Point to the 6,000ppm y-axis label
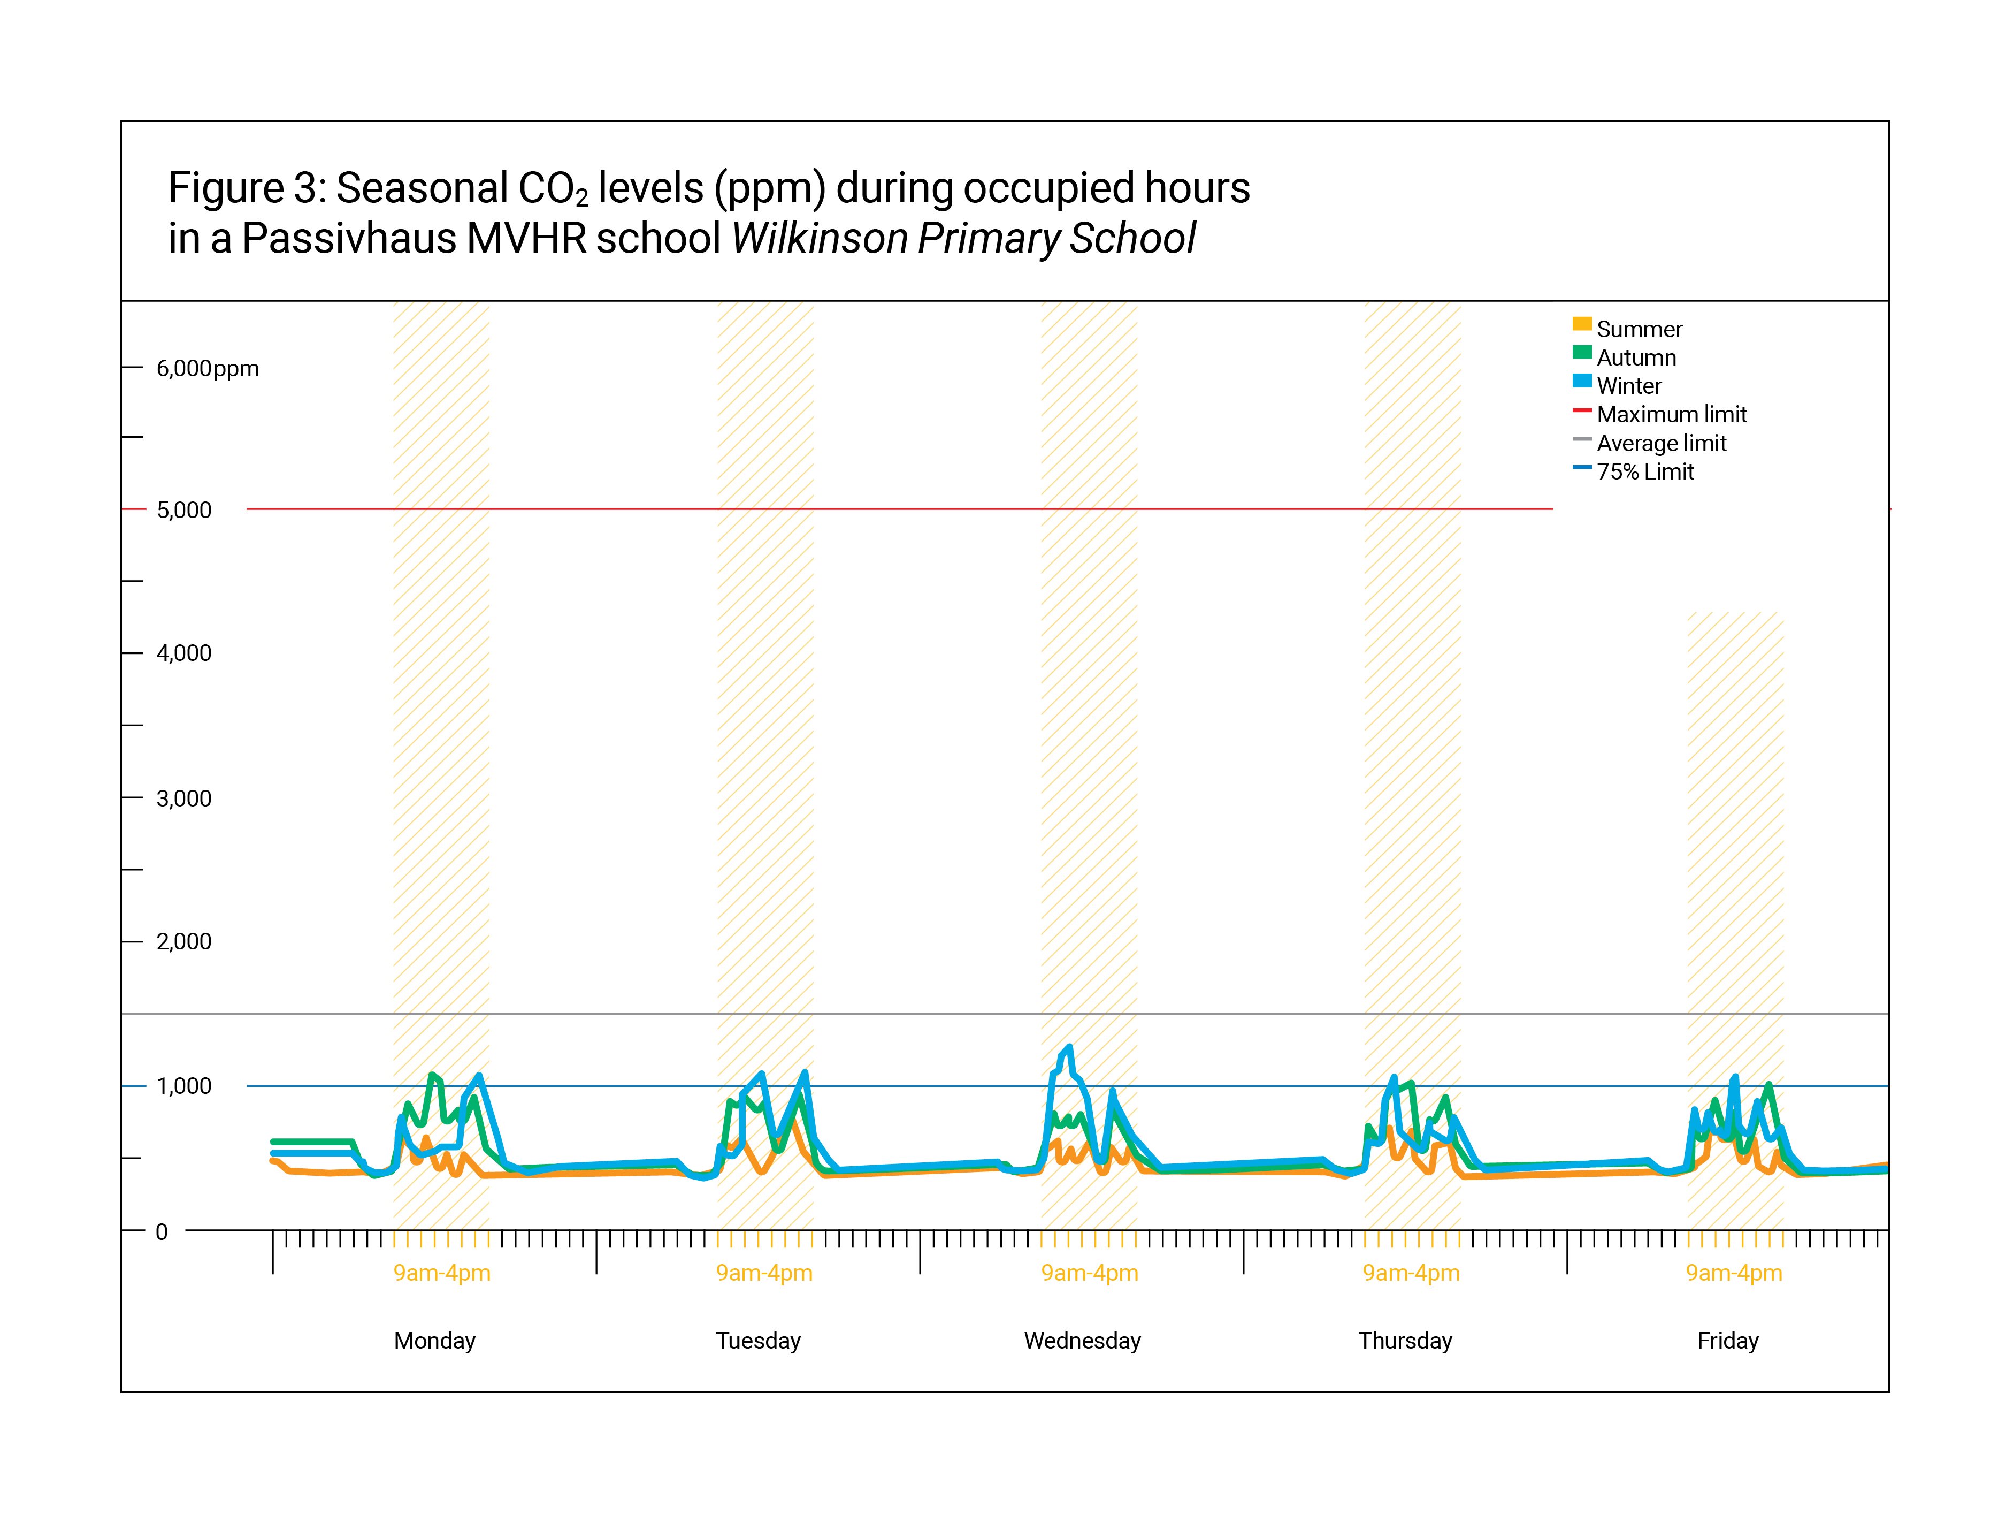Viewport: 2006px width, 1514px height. (x=208, y=368)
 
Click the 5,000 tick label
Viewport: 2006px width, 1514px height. (x=184, y=510)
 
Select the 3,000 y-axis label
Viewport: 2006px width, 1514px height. (x=184, y=798)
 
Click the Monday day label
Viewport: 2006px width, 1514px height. (x=434, y=1341)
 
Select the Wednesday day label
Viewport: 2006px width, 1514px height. (x=1082, y=1341)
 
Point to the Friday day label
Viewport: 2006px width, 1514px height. (x=1728, y=1341)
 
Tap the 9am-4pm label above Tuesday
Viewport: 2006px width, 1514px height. (x=764, y=1273)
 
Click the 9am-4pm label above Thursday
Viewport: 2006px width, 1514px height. (x=1411, y=1273)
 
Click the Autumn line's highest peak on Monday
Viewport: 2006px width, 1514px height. (x=432, y=1075)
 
